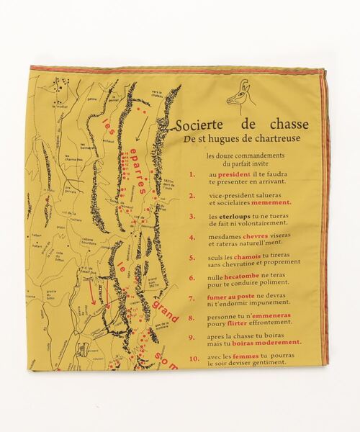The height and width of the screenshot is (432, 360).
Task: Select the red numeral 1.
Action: [x=192, y=174]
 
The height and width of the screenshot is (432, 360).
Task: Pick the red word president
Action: [x=227, y=174]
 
